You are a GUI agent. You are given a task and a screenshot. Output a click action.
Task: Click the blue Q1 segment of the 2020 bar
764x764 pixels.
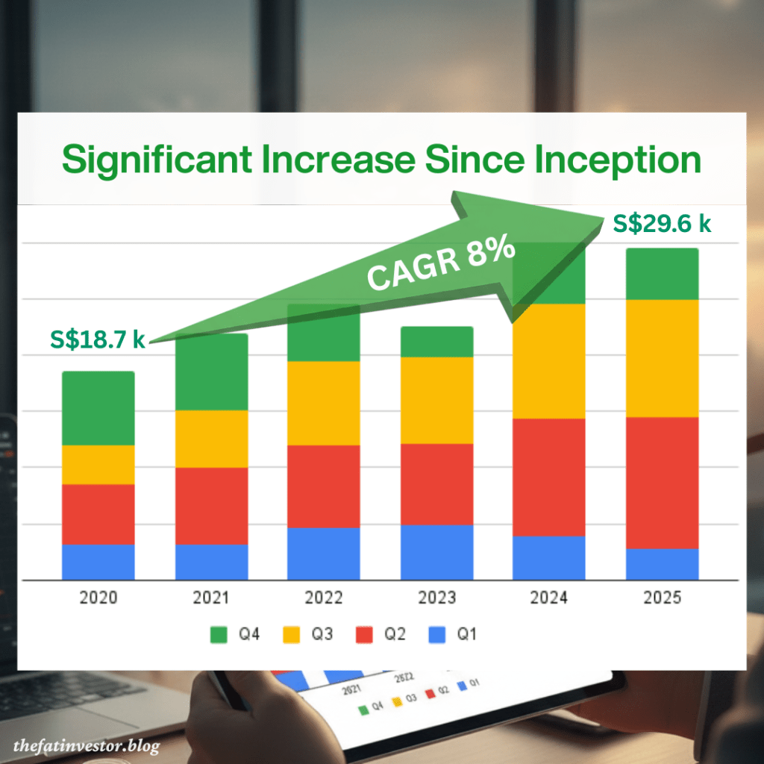(x=98, y=562)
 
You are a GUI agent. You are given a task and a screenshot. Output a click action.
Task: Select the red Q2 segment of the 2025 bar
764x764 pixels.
(x=662, y=483)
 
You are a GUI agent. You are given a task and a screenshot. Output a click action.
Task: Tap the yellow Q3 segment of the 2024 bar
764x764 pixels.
(x=548, y=361)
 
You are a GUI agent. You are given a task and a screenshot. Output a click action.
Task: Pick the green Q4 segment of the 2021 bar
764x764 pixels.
(x=211, y=372)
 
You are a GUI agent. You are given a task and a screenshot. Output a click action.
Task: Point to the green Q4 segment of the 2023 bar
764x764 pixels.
(x=436, y=342)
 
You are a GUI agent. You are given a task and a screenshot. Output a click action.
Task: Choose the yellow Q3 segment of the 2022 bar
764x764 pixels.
(x=324, y=403)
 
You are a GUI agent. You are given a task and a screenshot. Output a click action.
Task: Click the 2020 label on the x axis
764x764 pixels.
(x=98, y=598)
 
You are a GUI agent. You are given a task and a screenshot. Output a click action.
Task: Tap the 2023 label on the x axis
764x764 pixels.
(x=436, y=598)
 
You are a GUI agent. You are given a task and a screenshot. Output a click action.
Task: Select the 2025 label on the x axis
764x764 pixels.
(x=662, y=598)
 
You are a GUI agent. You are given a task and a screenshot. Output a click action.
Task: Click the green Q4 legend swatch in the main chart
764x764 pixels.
(x=219, y=635)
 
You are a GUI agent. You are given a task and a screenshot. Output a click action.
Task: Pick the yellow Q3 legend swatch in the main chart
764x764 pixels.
(x=292, y=635)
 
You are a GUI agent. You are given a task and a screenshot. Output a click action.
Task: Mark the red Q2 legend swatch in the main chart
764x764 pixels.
(x=364, y=635)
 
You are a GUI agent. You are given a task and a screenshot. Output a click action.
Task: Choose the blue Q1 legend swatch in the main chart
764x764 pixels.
(x=437, y=635)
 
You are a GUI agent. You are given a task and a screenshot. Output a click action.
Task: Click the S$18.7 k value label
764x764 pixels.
(x=98, y=340)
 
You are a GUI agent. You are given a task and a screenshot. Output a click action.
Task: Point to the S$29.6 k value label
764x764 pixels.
(x=662, y=223)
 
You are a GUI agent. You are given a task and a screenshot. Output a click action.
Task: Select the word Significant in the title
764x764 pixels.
(x=156, y=160)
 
